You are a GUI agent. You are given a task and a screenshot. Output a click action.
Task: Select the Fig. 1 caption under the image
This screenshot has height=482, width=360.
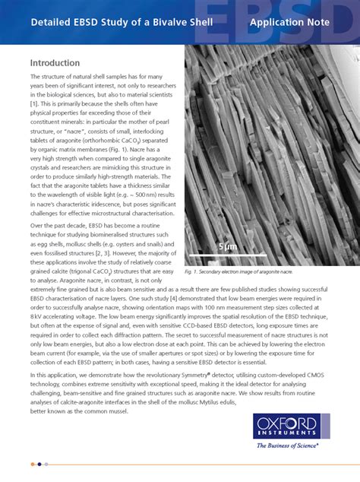[238, 271]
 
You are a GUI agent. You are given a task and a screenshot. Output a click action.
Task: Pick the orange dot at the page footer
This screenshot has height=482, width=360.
[33, 464]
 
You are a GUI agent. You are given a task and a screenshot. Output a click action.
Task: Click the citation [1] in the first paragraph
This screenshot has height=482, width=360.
[34, 102]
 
